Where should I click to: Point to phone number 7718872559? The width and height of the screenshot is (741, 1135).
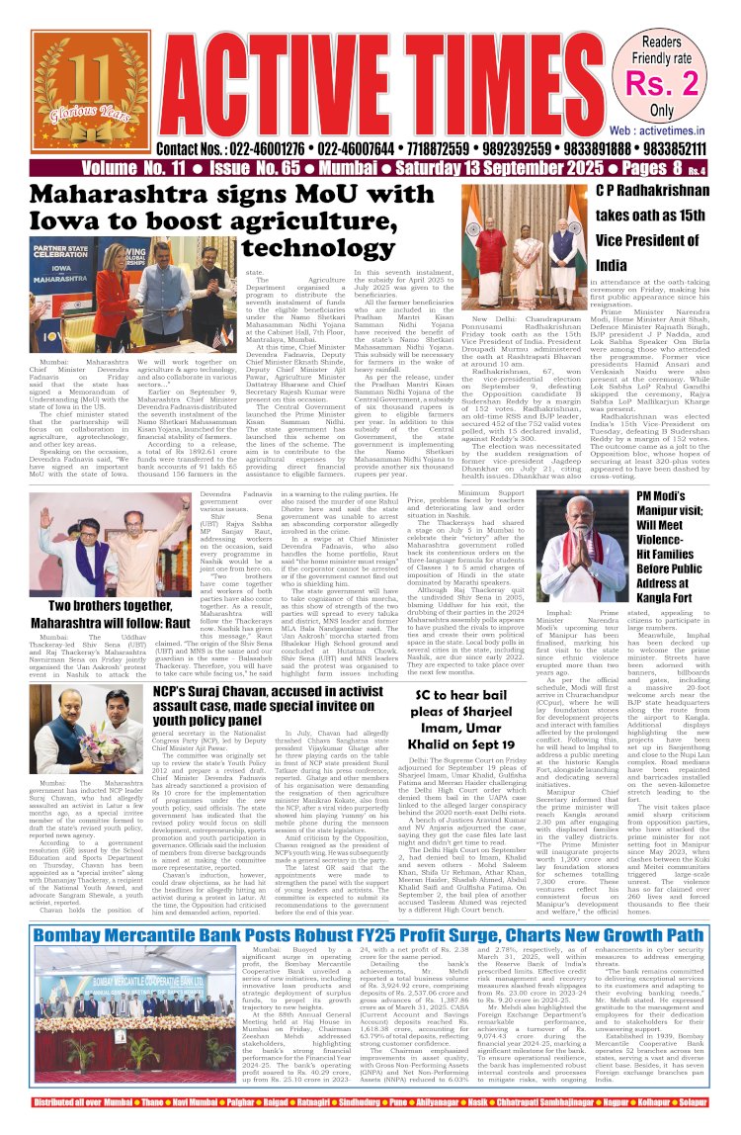(440, 148)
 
